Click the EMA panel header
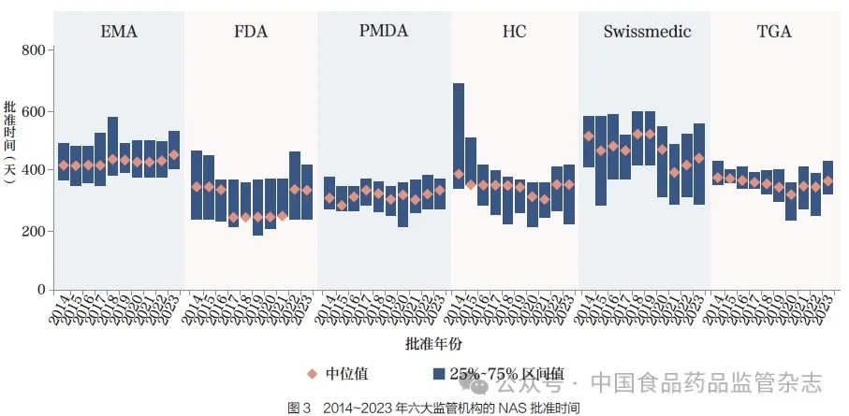(119, 32)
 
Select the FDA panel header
(251, 32)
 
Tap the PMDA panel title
(383, 32)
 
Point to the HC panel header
(514, 32)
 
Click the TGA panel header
(774, 32)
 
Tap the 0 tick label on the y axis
(39, 291)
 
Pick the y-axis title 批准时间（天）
(10, 140)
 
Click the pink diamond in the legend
(313, 373)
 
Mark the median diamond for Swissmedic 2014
(589, 136)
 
